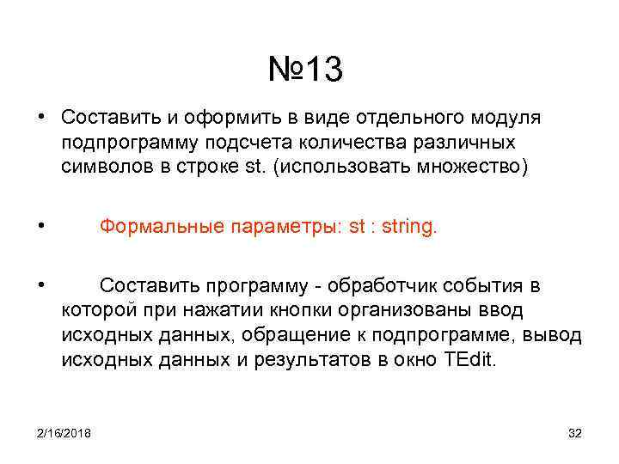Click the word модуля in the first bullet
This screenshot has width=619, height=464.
[x=506, y=117]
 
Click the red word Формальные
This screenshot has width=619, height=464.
[x=162, y=227]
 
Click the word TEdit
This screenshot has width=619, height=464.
[x=470, y=359]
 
